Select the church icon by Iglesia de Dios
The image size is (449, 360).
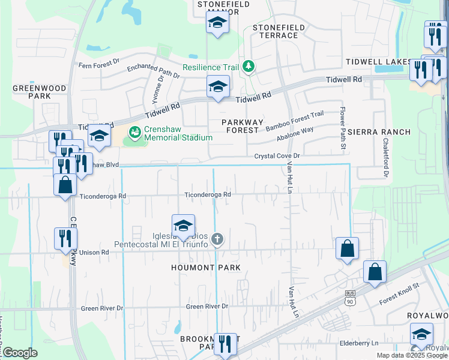pyautogui.click(x=217, y=239)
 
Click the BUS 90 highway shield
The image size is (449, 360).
pyautogui.click(x=351, y=296)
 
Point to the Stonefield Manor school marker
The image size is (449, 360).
pyautogui.click(x=218, y=24)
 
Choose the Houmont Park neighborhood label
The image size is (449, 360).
pyautogui.click(x=206, y=268)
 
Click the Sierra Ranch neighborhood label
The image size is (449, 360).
pyautogui.click(x=379, y=132)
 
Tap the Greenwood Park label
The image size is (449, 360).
pyautogui.click(x=39, y=92)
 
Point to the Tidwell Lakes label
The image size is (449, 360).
pyautogui.click(x=378, y=62)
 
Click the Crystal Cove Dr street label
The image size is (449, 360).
pyautogui.click(x=277, y=156)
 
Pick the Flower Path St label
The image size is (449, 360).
pyautogui.click(x=343, y=129)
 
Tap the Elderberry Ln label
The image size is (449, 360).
pyautogui.click(x=359, y=343)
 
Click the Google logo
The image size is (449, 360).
pyautogui.click(x=19, y=353)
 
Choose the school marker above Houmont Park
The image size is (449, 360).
pyautogui.click(x=184, y=226)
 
